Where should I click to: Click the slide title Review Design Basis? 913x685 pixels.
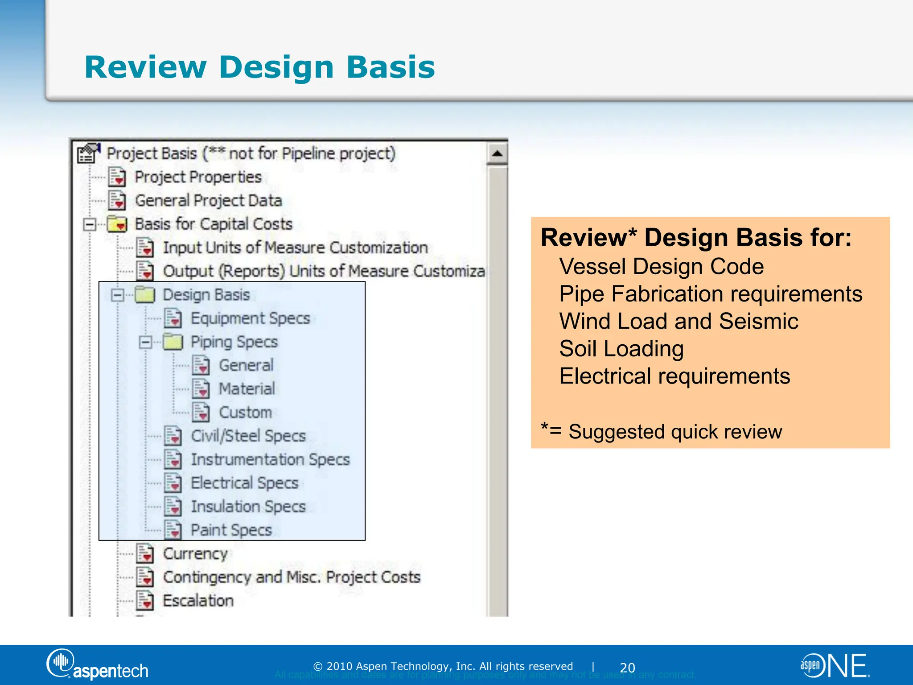259,67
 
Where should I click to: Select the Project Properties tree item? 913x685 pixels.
198,177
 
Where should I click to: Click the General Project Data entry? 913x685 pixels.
208,201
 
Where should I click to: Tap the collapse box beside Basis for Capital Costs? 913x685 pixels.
90,224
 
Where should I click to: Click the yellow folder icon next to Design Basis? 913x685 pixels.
145,295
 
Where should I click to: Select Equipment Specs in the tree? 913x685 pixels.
250,318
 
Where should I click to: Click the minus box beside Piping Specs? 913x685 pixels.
145,342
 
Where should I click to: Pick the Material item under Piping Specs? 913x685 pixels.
247,389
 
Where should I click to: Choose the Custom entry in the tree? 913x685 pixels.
245,413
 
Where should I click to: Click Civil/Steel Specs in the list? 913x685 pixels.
248,436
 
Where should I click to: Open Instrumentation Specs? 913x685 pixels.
270,459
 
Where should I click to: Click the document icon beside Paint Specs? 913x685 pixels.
173,530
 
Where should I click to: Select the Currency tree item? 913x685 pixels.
195,554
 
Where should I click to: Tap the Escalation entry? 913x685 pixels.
198,601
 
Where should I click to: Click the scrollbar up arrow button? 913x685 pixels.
497,154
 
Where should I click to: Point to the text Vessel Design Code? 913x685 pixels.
661,267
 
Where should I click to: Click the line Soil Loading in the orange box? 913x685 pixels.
621,349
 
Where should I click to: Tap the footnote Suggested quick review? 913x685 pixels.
674,432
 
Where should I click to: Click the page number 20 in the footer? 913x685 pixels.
627,668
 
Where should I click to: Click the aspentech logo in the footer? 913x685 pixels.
98,665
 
